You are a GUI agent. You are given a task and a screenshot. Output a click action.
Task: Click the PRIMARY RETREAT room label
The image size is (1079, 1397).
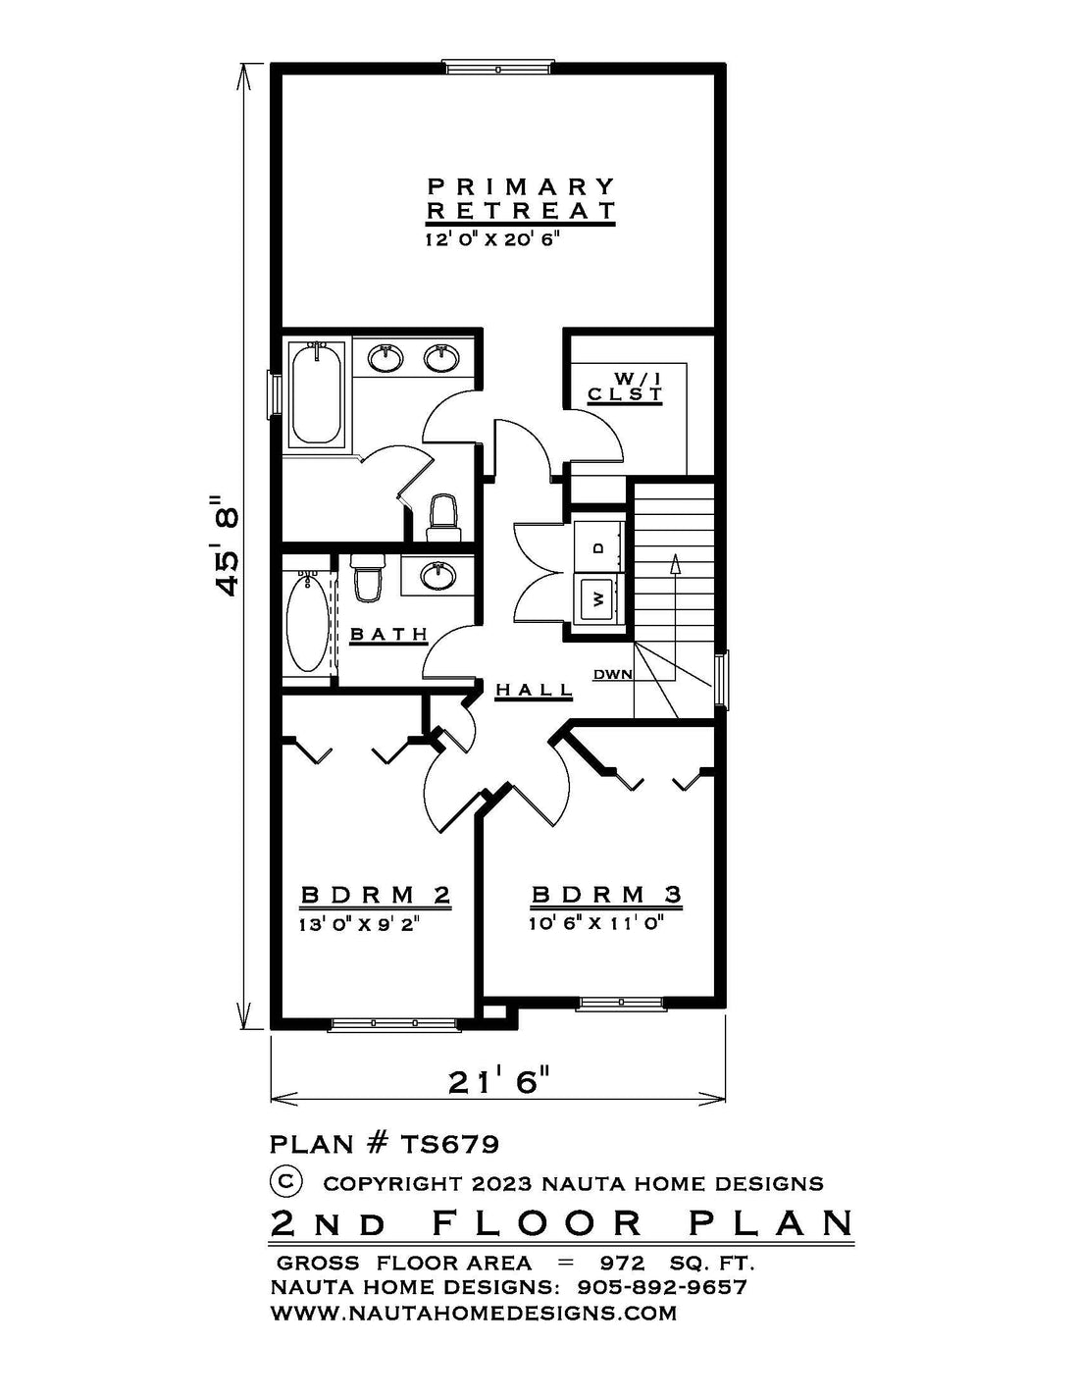point(521,198)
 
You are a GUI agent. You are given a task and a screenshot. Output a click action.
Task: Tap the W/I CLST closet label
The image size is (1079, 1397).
point(625,386)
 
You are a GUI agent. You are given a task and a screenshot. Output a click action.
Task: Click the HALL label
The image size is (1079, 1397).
point(534,690)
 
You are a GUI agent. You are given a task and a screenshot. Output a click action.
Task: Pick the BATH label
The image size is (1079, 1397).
point(388,635)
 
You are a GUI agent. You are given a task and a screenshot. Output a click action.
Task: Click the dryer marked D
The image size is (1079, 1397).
point(599,547)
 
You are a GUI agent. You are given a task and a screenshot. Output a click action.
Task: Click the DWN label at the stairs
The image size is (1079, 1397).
point(612,674)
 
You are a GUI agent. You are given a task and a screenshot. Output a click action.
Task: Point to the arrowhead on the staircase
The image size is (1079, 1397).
point(675,564)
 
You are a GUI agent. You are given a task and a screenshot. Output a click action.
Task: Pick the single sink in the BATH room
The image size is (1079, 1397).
point(438,575)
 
